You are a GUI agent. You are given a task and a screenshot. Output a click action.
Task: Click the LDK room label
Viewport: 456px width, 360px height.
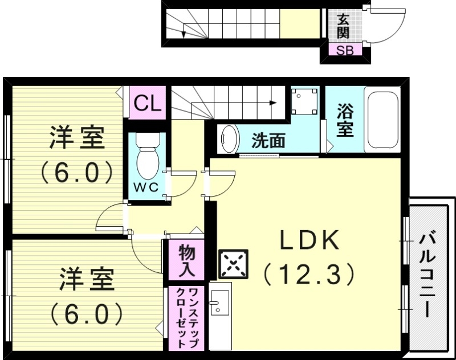tap(309, 242)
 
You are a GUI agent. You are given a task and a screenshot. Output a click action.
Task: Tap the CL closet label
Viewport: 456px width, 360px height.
tap(148, 104)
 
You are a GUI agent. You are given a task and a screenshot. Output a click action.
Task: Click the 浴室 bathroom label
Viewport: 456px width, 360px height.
tap(345, 119)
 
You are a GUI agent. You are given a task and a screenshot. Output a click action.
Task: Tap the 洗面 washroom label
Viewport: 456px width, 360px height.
tap(268, 140)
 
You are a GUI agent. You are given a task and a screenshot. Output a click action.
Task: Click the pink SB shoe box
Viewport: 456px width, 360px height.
tap(344, 50)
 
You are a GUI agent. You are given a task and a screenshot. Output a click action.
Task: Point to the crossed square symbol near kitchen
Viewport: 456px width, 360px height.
tap(234, 263)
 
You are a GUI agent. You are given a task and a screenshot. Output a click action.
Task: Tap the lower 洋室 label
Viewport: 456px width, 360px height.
tap(85, 280)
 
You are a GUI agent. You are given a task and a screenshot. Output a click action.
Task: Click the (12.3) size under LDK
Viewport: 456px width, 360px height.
tap(309, 275)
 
